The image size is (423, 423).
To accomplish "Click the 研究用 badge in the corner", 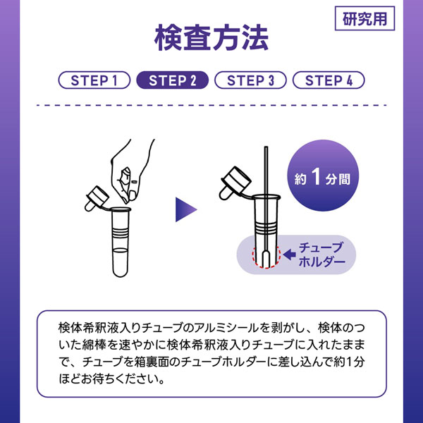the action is tap(364, 18).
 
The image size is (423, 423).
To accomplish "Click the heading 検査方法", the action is tap(211, 38).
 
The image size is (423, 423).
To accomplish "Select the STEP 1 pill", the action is tap(94, 80).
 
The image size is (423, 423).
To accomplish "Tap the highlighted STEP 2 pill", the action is tap(173, 80).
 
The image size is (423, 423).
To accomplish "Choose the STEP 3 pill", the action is tap(250, 80).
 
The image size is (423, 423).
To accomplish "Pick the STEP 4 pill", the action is tap(329, 80).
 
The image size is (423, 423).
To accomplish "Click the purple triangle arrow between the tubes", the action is tap(186, 209).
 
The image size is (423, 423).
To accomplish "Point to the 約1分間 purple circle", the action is tap(323, 176).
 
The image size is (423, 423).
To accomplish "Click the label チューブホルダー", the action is tap(321, 255).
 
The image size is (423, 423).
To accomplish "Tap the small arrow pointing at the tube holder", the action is tap(290, 255).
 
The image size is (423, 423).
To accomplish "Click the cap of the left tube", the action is tap(97, 198).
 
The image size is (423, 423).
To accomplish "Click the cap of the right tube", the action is tap(235, 183).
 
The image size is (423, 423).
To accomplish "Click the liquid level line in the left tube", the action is tap(121, 250).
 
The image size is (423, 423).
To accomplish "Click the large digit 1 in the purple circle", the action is tap(316, 176).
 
